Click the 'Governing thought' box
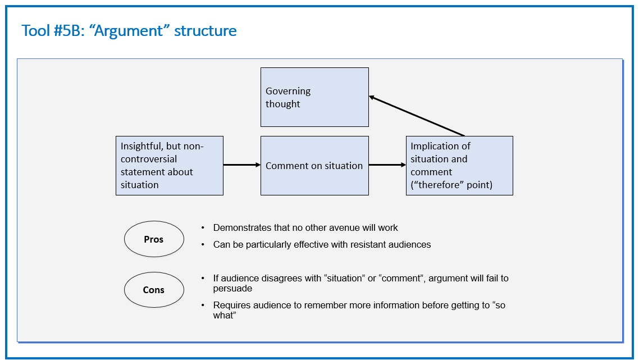tap(314, 97)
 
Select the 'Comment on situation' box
tap(314, 166)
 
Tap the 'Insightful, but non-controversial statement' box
tap(170, 166)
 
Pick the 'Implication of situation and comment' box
tap(459, 166)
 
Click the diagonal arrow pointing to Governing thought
tap(417, 116)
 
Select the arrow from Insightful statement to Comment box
tap(242, 165)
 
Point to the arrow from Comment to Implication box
tap(387, 165)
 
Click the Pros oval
tap(154, 239)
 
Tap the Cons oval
tap(154, 290)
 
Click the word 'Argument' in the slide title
tap(129, 31)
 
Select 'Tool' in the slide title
tap(36, 30)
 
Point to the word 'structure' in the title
tap(206, 30)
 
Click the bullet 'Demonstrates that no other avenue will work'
tap(305, 227)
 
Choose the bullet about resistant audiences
tap(322, 244)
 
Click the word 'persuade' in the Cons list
tap(232, 289)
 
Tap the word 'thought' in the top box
tap(283, 104)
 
